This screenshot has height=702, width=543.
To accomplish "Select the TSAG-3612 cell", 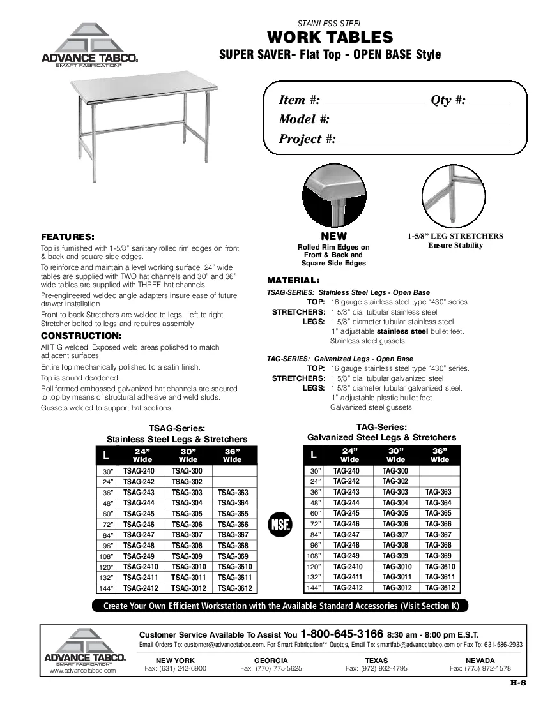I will [x=235, y=588].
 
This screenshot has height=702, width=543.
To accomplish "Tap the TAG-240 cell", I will [x=347, y=471].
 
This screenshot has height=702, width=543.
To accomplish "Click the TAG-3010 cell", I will [x=395, y=567].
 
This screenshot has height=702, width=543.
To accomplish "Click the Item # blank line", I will [x=374, y=102].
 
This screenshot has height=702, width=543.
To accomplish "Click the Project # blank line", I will [x=424, y=141].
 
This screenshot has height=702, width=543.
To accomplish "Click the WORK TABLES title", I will [x=330, y=37].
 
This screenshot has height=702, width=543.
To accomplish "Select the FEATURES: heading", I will [x=68, y=235].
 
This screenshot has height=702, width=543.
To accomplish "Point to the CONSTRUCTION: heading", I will [x=81, y=336].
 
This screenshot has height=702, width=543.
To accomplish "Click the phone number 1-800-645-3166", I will [x=342, y=634].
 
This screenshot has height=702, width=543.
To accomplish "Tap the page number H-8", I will [x=517, y=683].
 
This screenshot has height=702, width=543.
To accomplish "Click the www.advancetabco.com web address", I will [x=82, y=671].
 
